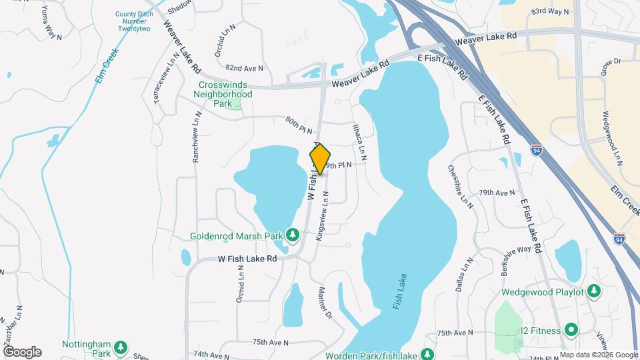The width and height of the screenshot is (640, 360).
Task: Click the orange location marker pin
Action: [320, 159]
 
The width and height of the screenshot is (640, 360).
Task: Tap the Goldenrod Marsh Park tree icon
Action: [292, 235]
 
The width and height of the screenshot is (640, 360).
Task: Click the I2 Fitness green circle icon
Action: [571, 329]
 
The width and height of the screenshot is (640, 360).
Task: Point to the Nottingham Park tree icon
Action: [121, 347]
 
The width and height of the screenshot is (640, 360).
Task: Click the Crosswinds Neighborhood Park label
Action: [226, 94]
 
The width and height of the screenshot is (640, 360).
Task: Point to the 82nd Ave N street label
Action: [245, 68]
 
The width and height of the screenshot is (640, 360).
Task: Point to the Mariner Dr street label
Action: [326, 303]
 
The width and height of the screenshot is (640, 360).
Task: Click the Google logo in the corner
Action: [22, 351]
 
